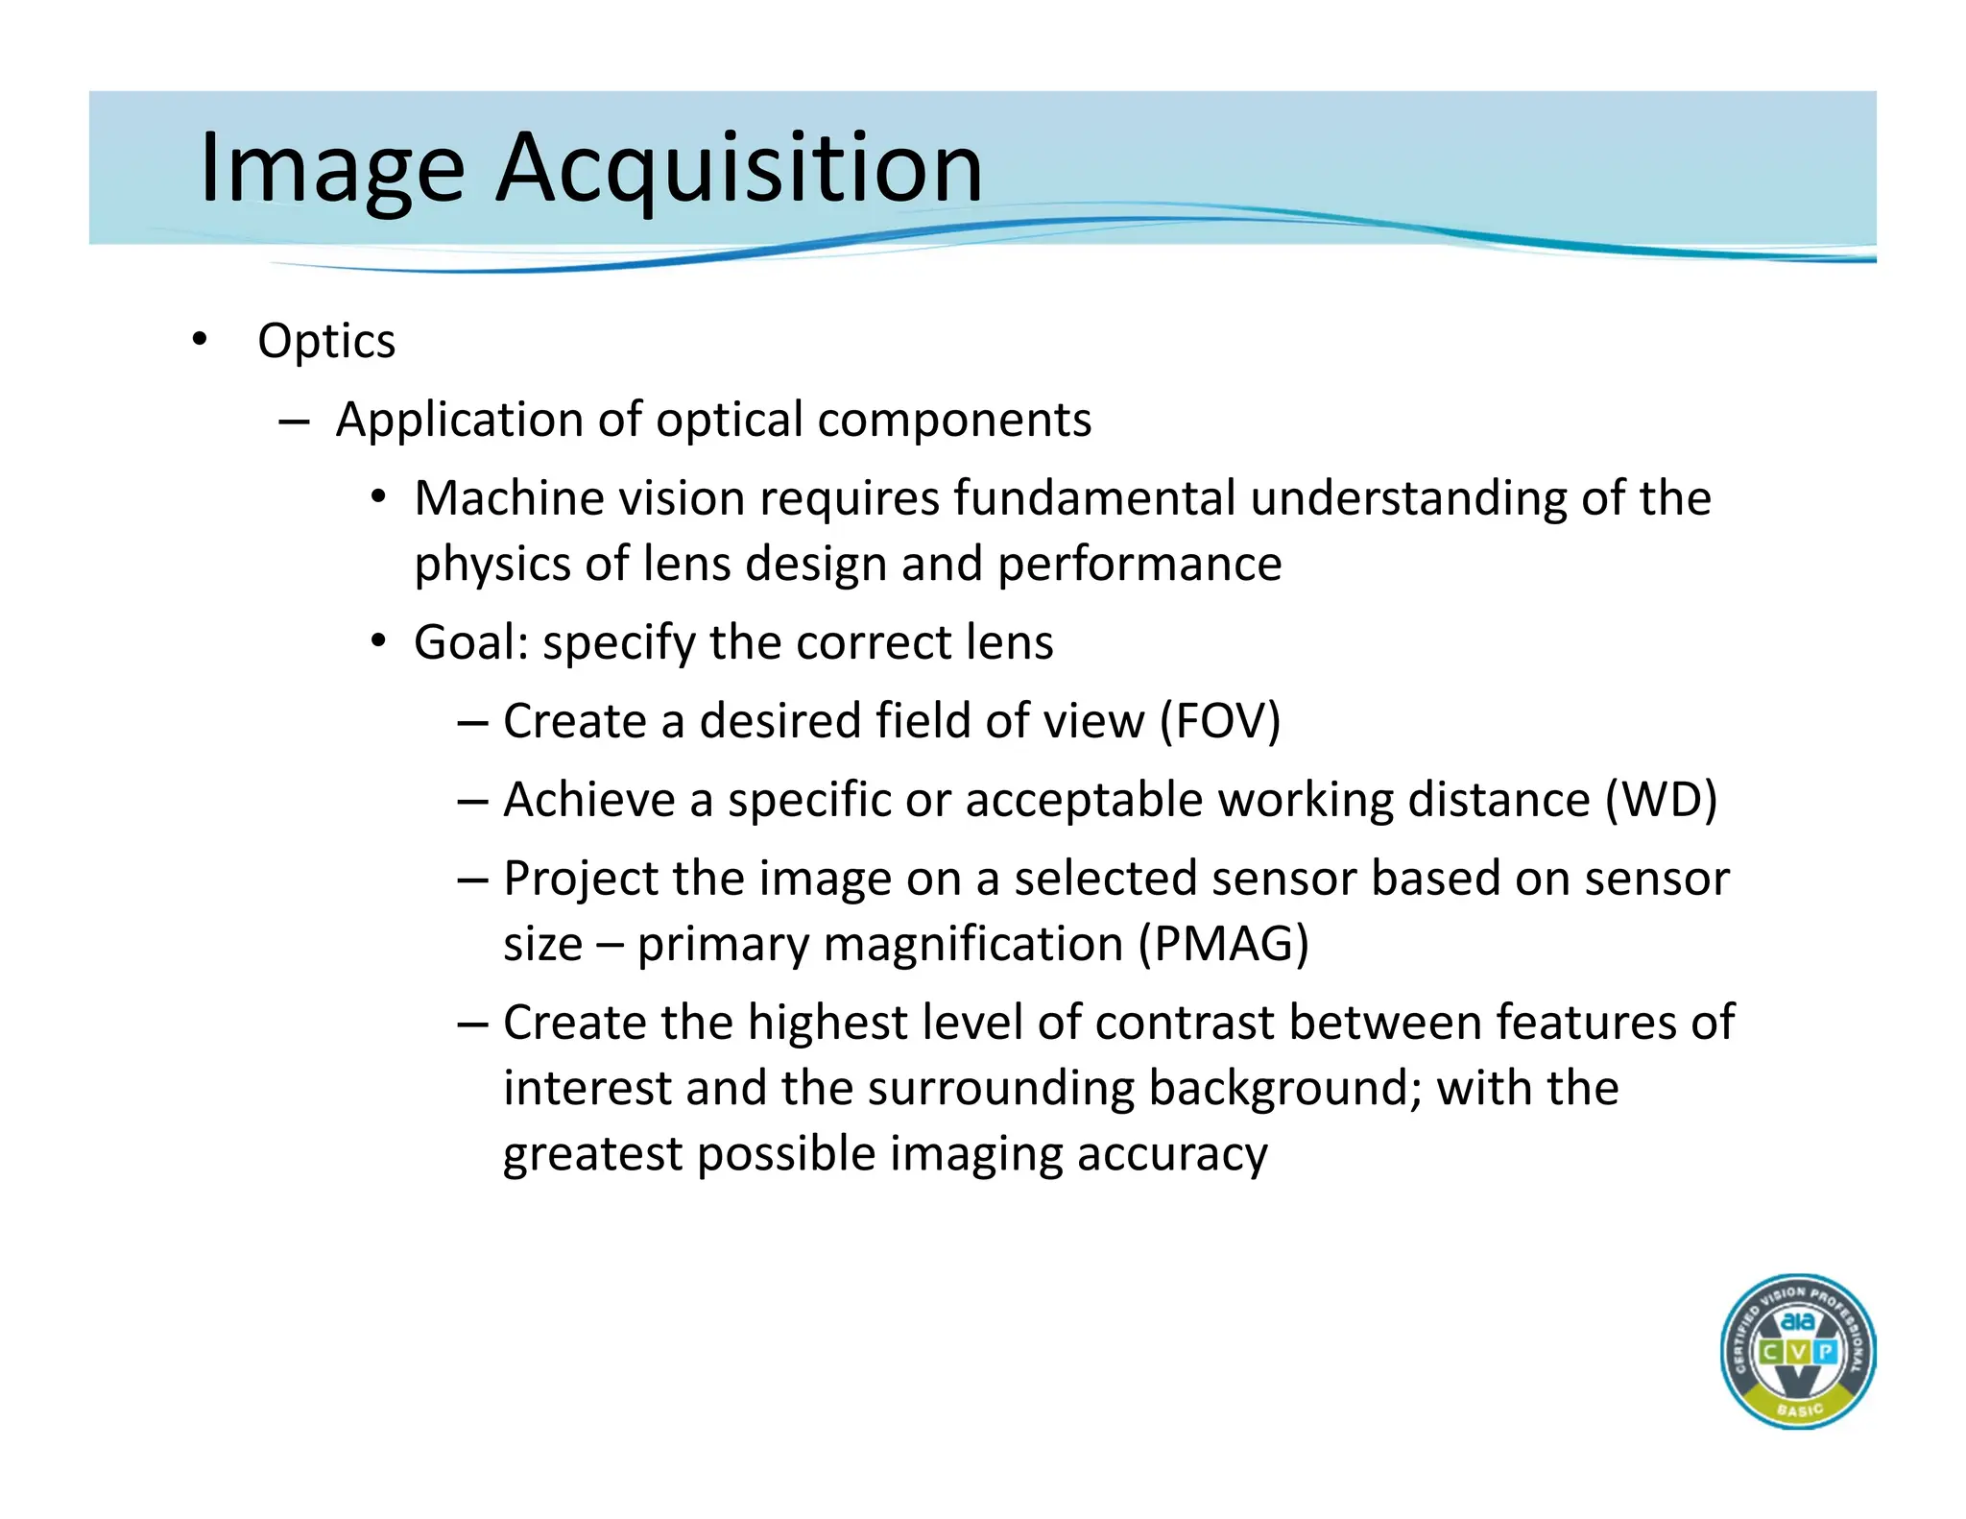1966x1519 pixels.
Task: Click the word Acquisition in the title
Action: click(x=738, y=169)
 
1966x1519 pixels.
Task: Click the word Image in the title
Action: click(x=331, y=169)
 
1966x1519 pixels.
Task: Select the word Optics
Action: click(x=326, y=342)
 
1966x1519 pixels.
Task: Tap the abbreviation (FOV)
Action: click(x=1219, y=721)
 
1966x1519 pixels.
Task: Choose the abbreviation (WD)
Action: click(x=1661, y=800)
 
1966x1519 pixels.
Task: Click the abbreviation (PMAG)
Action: click(x=1223, y=944)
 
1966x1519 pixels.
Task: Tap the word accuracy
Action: click(x=1171, y=1154)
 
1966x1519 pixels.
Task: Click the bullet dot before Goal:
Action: click(x=379, y=641)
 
